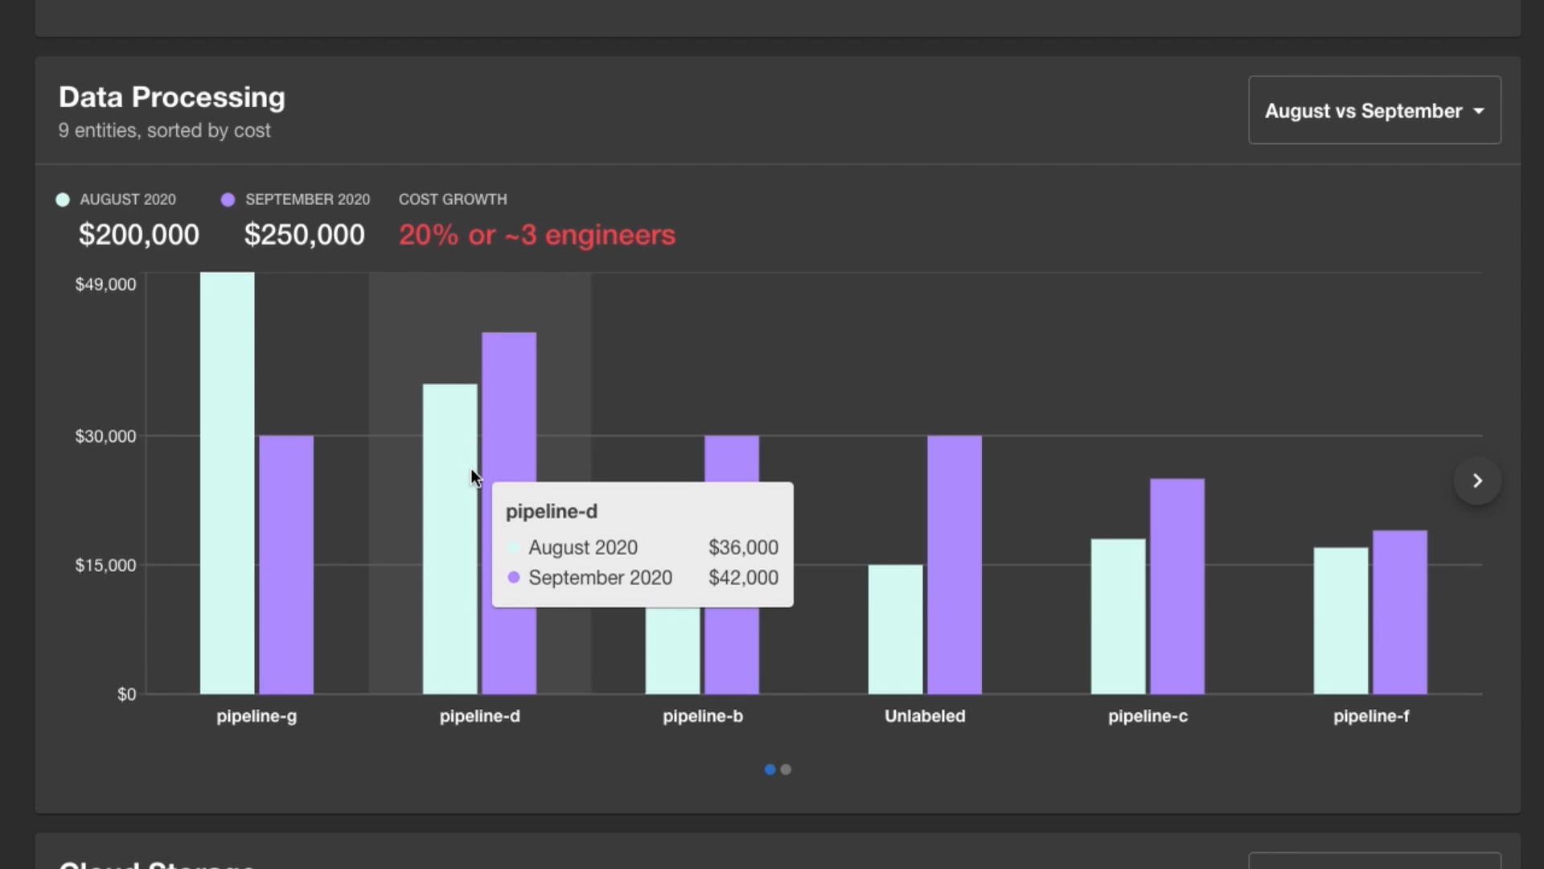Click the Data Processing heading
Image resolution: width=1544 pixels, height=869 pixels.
[x=171, y=97]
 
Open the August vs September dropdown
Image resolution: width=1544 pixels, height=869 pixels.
[x=1374, y=110]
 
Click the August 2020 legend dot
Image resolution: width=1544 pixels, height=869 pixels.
[x=63, y=200]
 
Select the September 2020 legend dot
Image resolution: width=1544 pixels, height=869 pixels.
[x=228, y=200]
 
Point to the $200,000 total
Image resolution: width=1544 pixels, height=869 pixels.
[x=138, y=235]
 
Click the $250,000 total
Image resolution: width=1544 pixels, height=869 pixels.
[x=304, y=235]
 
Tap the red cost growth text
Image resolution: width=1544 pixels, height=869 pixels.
[x=536, y=235]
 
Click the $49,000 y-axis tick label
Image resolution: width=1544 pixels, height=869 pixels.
[x=105, y=284]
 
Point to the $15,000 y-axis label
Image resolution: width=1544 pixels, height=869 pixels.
[x=105, y=565]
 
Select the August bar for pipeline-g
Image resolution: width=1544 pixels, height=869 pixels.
[x=227, y=483]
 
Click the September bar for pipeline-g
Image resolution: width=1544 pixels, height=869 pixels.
[x=285, y=563]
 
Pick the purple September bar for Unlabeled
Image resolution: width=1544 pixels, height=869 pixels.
[x=954, y=563]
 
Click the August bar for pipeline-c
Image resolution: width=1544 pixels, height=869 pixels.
[x=1118, y=616]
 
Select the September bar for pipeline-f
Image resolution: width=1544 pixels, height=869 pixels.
[x=1399, y=612]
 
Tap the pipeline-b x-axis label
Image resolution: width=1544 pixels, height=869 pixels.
[x=702, y=716]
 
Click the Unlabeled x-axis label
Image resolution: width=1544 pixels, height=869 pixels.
[x=925, y=716]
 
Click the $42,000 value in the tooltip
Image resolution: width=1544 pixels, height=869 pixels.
[x=742, y=578]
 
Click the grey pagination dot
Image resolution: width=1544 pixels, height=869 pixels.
[x=786, y=769]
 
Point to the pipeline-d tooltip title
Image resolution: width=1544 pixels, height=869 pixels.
[x=551, y=512]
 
